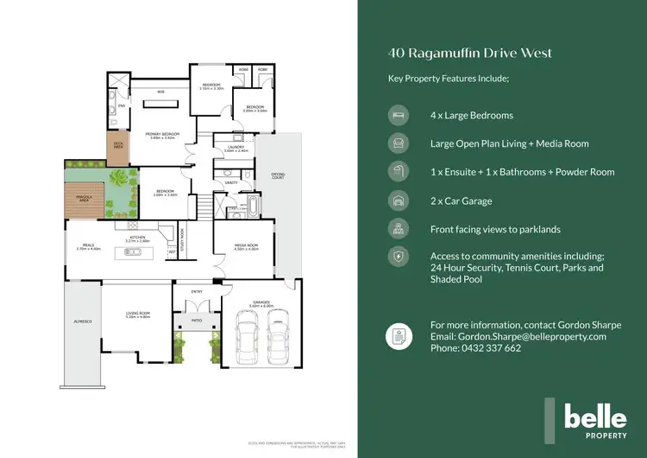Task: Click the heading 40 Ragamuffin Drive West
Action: [x=470, y=54]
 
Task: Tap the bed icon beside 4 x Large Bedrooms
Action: [x=399, y=115]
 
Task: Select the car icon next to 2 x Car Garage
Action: [x=399, y=200]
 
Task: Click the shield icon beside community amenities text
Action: [x=399, y=257]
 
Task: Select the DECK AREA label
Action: [x=117, y=146]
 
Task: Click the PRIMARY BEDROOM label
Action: [x=161, y=136]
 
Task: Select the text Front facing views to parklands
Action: [x=495, y=229]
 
